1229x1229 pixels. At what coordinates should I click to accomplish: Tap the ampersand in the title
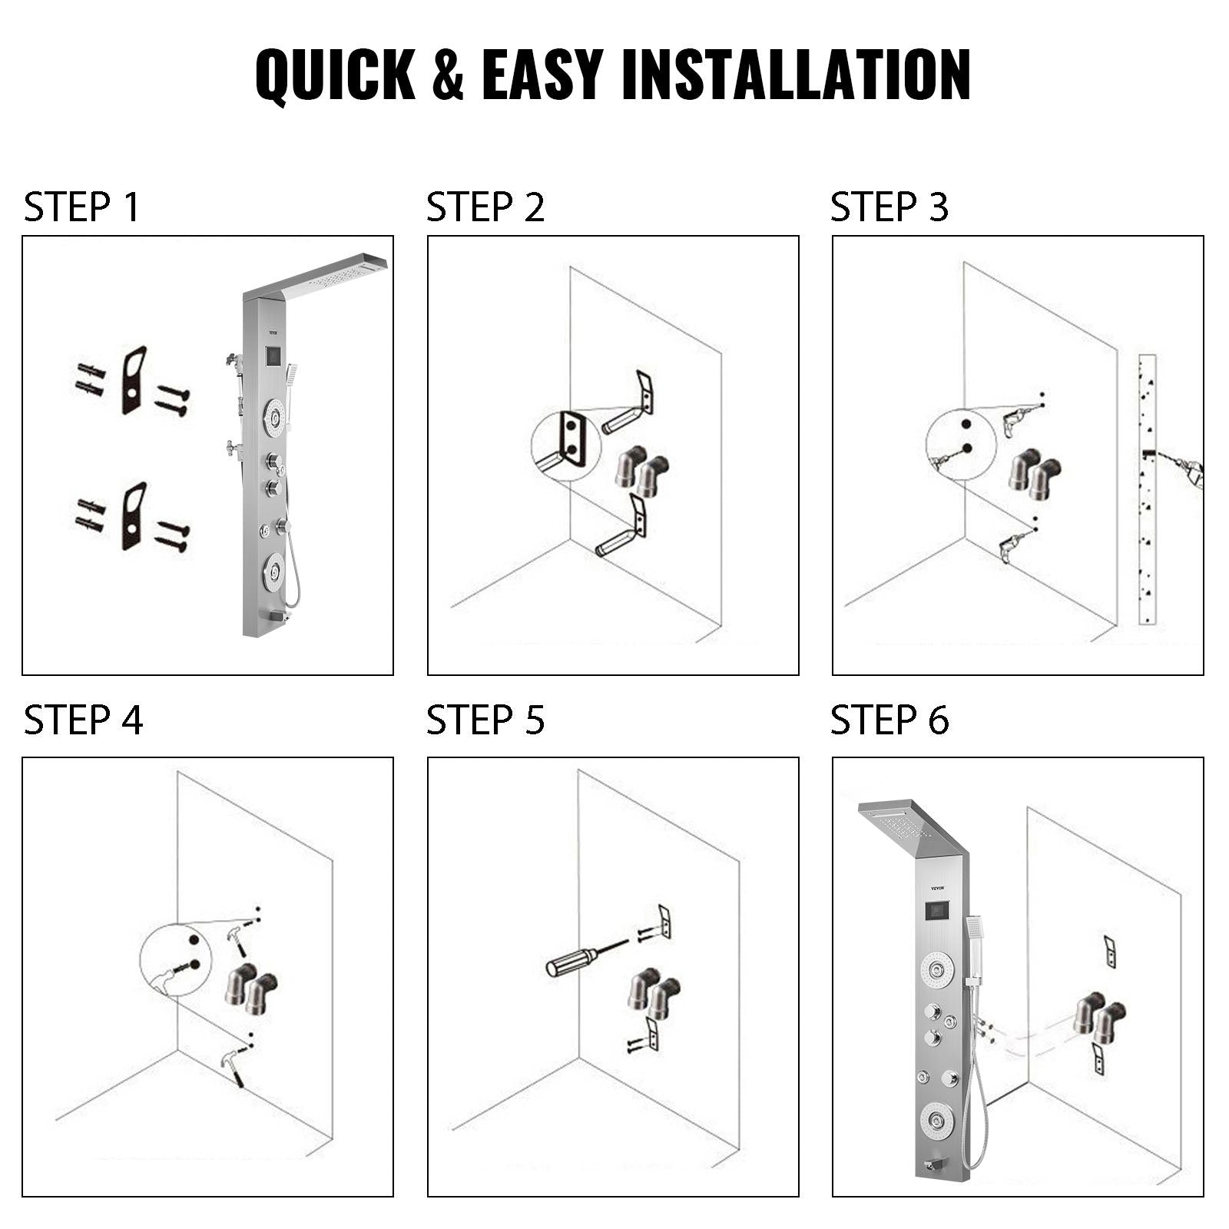tap(448, 75)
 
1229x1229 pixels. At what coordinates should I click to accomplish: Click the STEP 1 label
tap(81, 207)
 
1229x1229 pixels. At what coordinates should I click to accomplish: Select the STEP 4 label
tap(83, 721)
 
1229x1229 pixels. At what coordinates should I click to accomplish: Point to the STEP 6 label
tap(889, 721)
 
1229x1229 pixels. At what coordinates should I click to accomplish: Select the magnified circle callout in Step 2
tap(565, 446)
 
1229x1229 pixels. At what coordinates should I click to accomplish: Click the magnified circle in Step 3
tap(961, 443)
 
